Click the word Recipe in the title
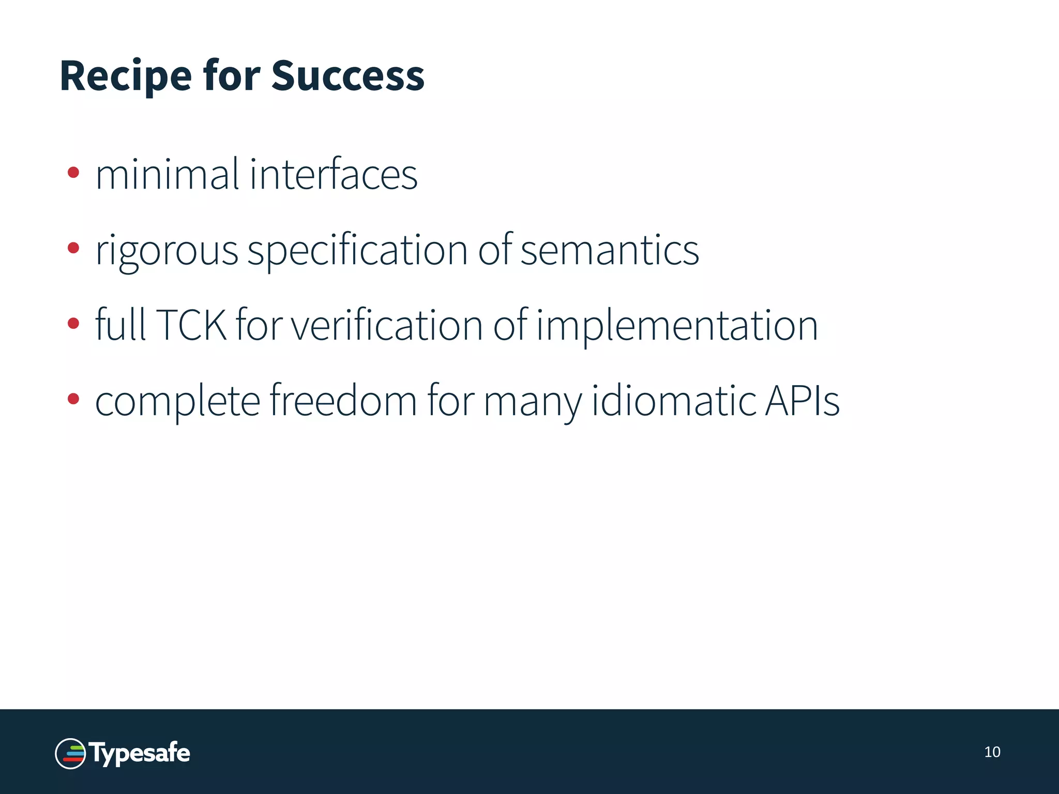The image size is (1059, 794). click(126, 77)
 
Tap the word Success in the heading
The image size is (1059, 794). click(347, 77)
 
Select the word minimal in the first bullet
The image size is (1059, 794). click(167, 175)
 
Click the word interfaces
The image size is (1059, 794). click(334, 175)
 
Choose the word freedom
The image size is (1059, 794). click(343, 401)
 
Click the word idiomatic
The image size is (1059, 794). click(672, 401)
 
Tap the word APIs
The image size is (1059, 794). click(802, 401)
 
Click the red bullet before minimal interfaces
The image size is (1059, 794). click(73, 172)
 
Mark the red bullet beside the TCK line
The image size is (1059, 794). click(73, 324)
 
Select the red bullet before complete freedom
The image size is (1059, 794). click(73, 399)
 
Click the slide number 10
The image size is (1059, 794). click(992, 752)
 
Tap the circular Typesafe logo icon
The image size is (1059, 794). click(70, 754)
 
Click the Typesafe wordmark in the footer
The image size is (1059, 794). click(140, 754)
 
